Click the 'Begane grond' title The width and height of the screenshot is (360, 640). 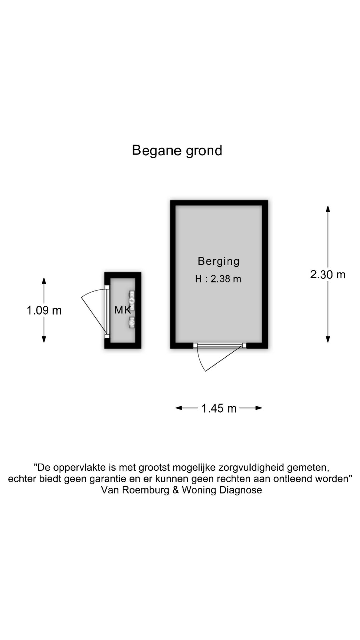tap(177, 151)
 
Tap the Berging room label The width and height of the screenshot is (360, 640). tap(219, 261)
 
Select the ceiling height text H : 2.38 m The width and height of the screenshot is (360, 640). tap(218, 279)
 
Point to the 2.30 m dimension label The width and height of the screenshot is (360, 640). tap(328, 275)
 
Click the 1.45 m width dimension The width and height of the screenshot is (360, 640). tap(219, 408)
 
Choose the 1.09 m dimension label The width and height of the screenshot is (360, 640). tap(44, 311)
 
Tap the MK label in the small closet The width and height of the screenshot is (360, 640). tap(122, 310)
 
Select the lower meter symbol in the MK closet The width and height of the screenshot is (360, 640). tap(132, 322)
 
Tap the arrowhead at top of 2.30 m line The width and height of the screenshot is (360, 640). tap(328, 209)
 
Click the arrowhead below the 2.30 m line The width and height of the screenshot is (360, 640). tap(328, 339)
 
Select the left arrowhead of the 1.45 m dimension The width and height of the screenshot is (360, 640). tap(179, 408)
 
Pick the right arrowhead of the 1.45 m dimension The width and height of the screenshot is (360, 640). tap(259, 408)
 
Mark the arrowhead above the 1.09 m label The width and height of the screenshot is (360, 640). tap(44, 281)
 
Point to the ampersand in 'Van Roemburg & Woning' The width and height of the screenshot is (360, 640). tap(176, 490)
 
